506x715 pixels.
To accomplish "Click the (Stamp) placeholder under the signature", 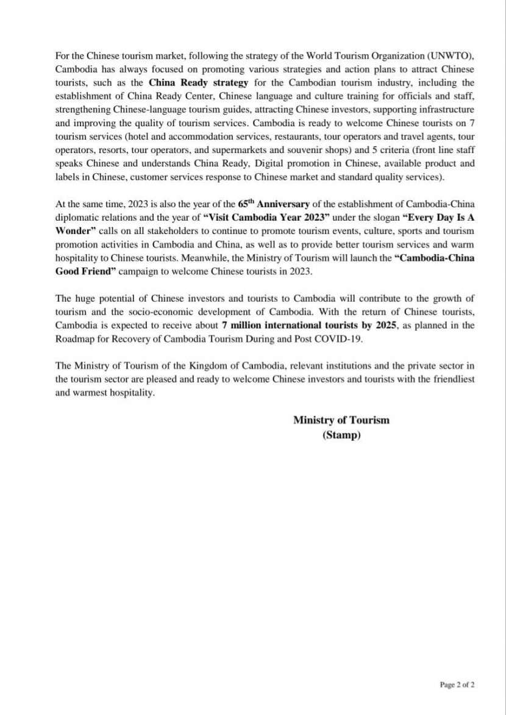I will point(341,435).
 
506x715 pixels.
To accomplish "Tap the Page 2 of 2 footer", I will point(457,685).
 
